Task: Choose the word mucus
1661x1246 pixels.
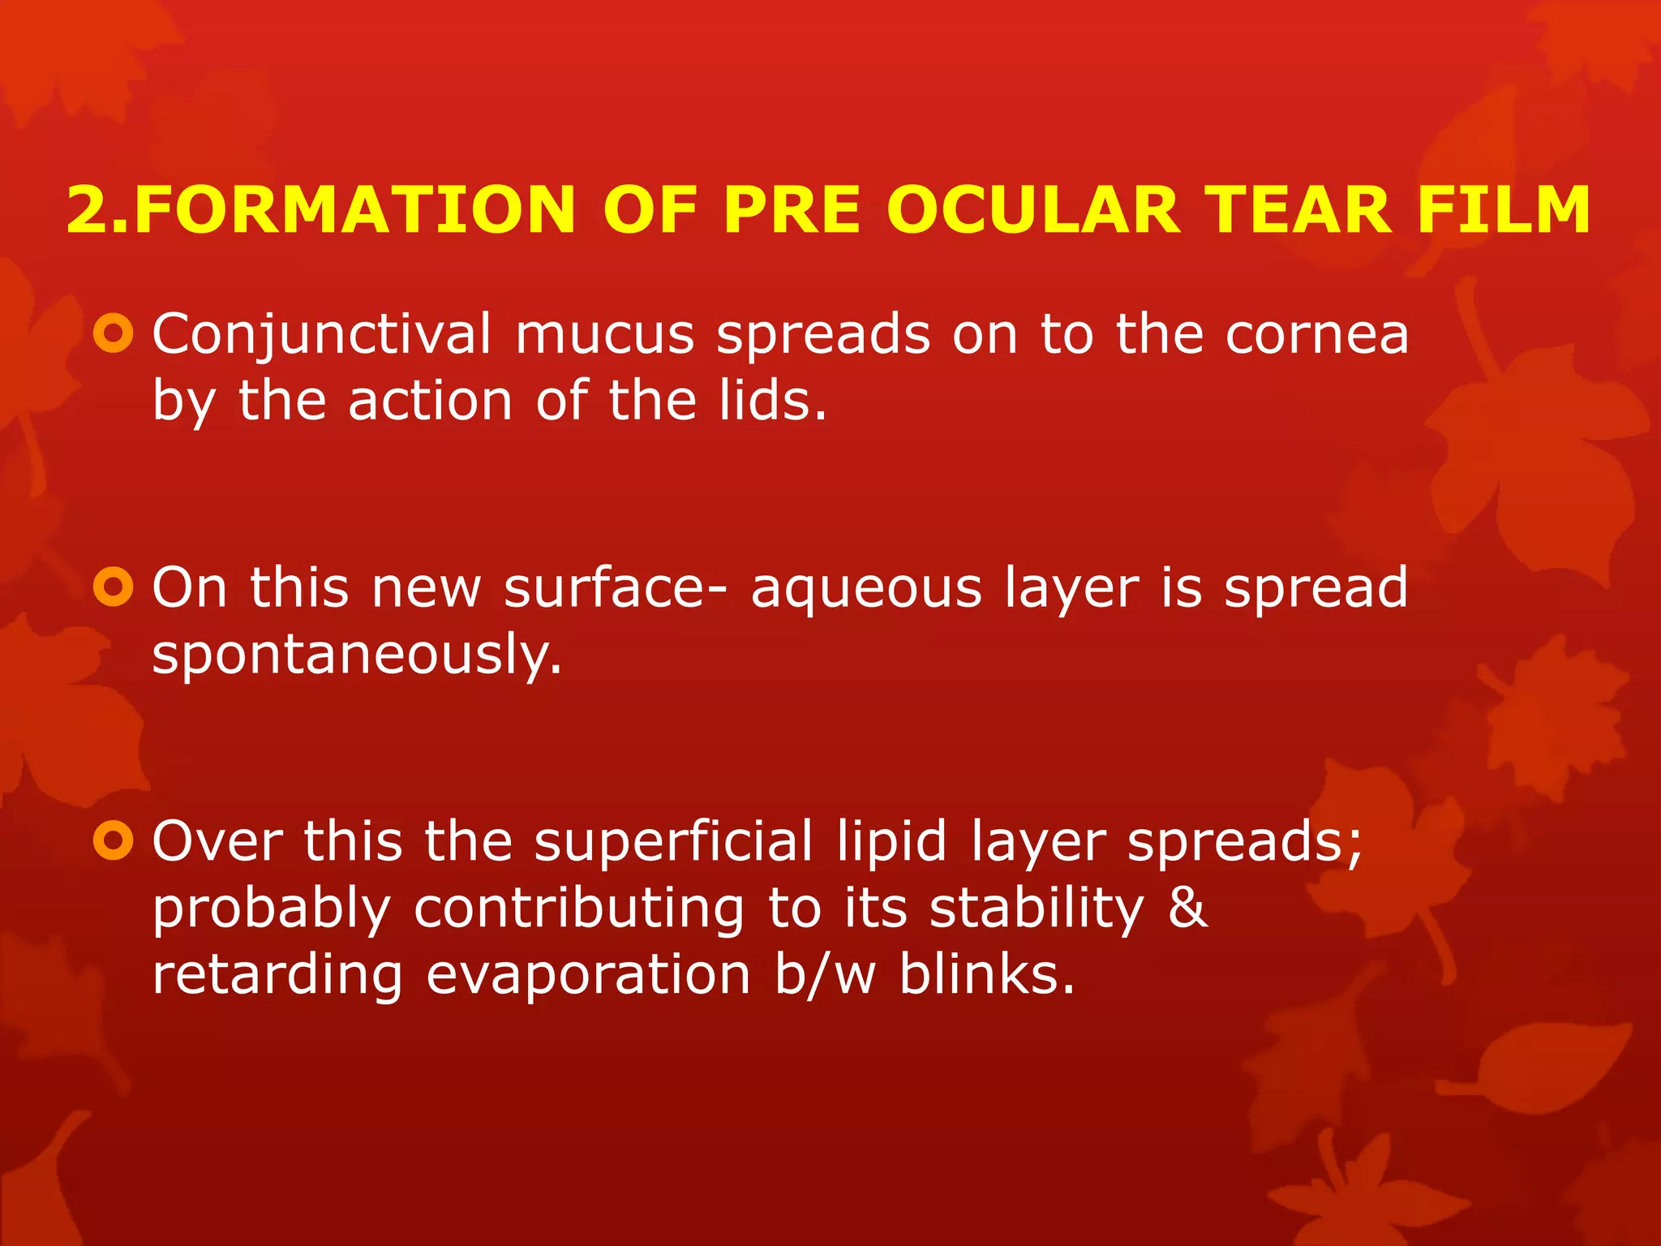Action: coord(605,335)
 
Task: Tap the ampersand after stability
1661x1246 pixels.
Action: coord(1188,908)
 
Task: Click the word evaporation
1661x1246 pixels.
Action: coord(588,974)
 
